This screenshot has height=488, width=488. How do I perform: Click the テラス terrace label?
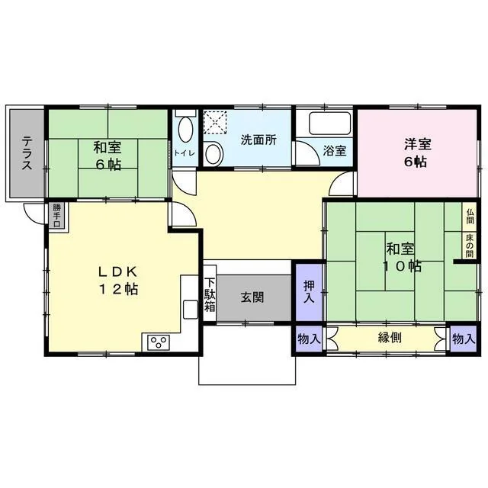click(27, 153)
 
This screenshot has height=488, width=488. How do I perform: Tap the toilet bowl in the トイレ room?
click(185, 130)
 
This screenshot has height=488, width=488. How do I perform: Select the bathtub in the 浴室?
click(329, 124)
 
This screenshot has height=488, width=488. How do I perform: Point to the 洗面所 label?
click(258, 140)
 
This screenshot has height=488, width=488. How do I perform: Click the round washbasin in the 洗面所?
click(214, 153)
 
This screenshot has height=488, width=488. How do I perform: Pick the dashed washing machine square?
click(215, 122)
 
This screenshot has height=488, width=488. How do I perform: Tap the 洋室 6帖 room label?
click(417, 153)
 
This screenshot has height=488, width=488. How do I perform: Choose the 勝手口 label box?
click(56, 215)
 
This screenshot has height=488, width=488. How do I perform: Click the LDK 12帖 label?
click(118, 281)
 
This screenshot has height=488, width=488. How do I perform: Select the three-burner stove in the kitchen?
click(159, 342)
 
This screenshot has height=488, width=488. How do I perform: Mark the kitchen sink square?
click(191, 310)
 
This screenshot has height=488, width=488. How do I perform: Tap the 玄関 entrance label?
click(252, 297)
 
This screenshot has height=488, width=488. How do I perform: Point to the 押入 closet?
click(309, 292)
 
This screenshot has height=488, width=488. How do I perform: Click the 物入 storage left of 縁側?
click(309, 339)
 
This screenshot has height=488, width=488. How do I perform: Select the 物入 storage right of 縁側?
click(464, 339)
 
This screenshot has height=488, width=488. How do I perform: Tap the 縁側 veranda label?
click(390, 337)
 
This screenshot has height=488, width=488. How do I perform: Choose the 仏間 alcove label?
click(470, 217)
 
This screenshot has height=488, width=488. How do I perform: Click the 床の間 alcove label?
click(470, 246)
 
